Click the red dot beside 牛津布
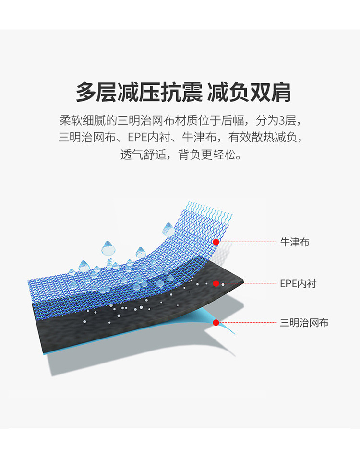click(216, 242)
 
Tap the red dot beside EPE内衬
click(216, 283)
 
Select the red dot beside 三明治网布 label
click(216, 323)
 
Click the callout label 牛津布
click(294, 242)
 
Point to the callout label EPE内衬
click(298, 283)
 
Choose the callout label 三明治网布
click(304, 323)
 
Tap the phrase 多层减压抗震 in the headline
click(139, 93)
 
